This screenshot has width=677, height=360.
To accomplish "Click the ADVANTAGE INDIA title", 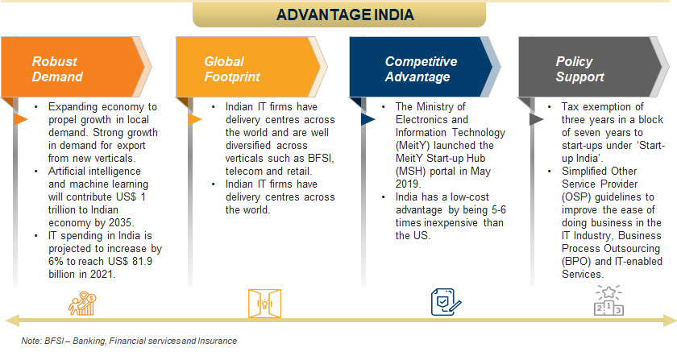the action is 345,14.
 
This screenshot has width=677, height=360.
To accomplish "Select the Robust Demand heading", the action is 57,69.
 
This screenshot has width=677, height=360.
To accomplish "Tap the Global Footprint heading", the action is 232,69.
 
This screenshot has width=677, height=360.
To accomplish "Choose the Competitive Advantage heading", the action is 421,69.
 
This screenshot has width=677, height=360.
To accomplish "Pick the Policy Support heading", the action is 579,69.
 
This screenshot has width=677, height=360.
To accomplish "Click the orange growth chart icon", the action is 82,303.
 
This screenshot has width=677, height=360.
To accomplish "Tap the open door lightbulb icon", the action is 264,304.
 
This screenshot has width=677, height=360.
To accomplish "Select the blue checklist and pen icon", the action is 446,302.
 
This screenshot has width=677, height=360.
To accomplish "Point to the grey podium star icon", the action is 608,300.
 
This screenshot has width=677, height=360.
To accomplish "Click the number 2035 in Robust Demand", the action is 121,223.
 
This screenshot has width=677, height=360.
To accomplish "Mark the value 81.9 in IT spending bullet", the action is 142,261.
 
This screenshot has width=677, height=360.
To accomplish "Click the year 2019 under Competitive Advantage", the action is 408,184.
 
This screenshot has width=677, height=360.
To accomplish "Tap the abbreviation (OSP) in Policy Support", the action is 576,197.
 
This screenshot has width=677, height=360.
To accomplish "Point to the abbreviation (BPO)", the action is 576,262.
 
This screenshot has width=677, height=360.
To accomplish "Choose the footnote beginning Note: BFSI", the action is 129,341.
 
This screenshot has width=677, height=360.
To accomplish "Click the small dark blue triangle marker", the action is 368,119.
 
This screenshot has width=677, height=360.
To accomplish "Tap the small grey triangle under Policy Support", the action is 536,119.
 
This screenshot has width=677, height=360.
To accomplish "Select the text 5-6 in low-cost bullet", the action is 499,209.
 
